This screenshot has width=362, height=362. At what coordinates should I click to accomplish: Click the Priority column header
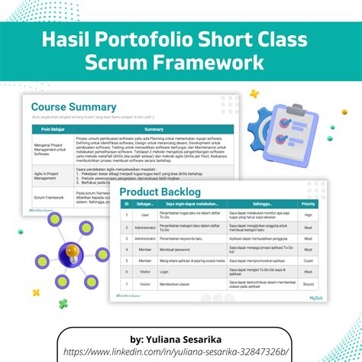[308, 204]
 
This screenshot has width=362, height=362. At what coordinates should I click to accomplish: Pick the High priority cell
[308, 215]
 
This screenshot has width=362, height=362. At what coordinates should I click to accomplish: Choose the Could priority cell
[308, 260]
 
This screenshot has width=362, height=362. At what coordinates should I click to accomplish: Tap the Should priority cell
[308, 283]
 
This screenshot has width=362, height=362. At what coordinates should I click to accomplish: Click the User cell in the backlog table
[145, 215]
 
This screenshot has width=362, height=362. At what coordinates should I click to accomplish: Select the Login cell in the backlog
[145, 271]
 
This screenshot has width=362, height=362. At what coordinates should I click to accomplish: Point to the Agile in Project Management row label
[47, 175]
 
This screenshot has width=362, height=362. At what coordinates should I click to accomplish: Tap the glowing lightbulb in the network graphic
[73, 250]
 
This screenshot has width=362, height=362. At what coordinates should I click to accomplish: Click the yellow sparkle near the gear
[254, 94]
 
